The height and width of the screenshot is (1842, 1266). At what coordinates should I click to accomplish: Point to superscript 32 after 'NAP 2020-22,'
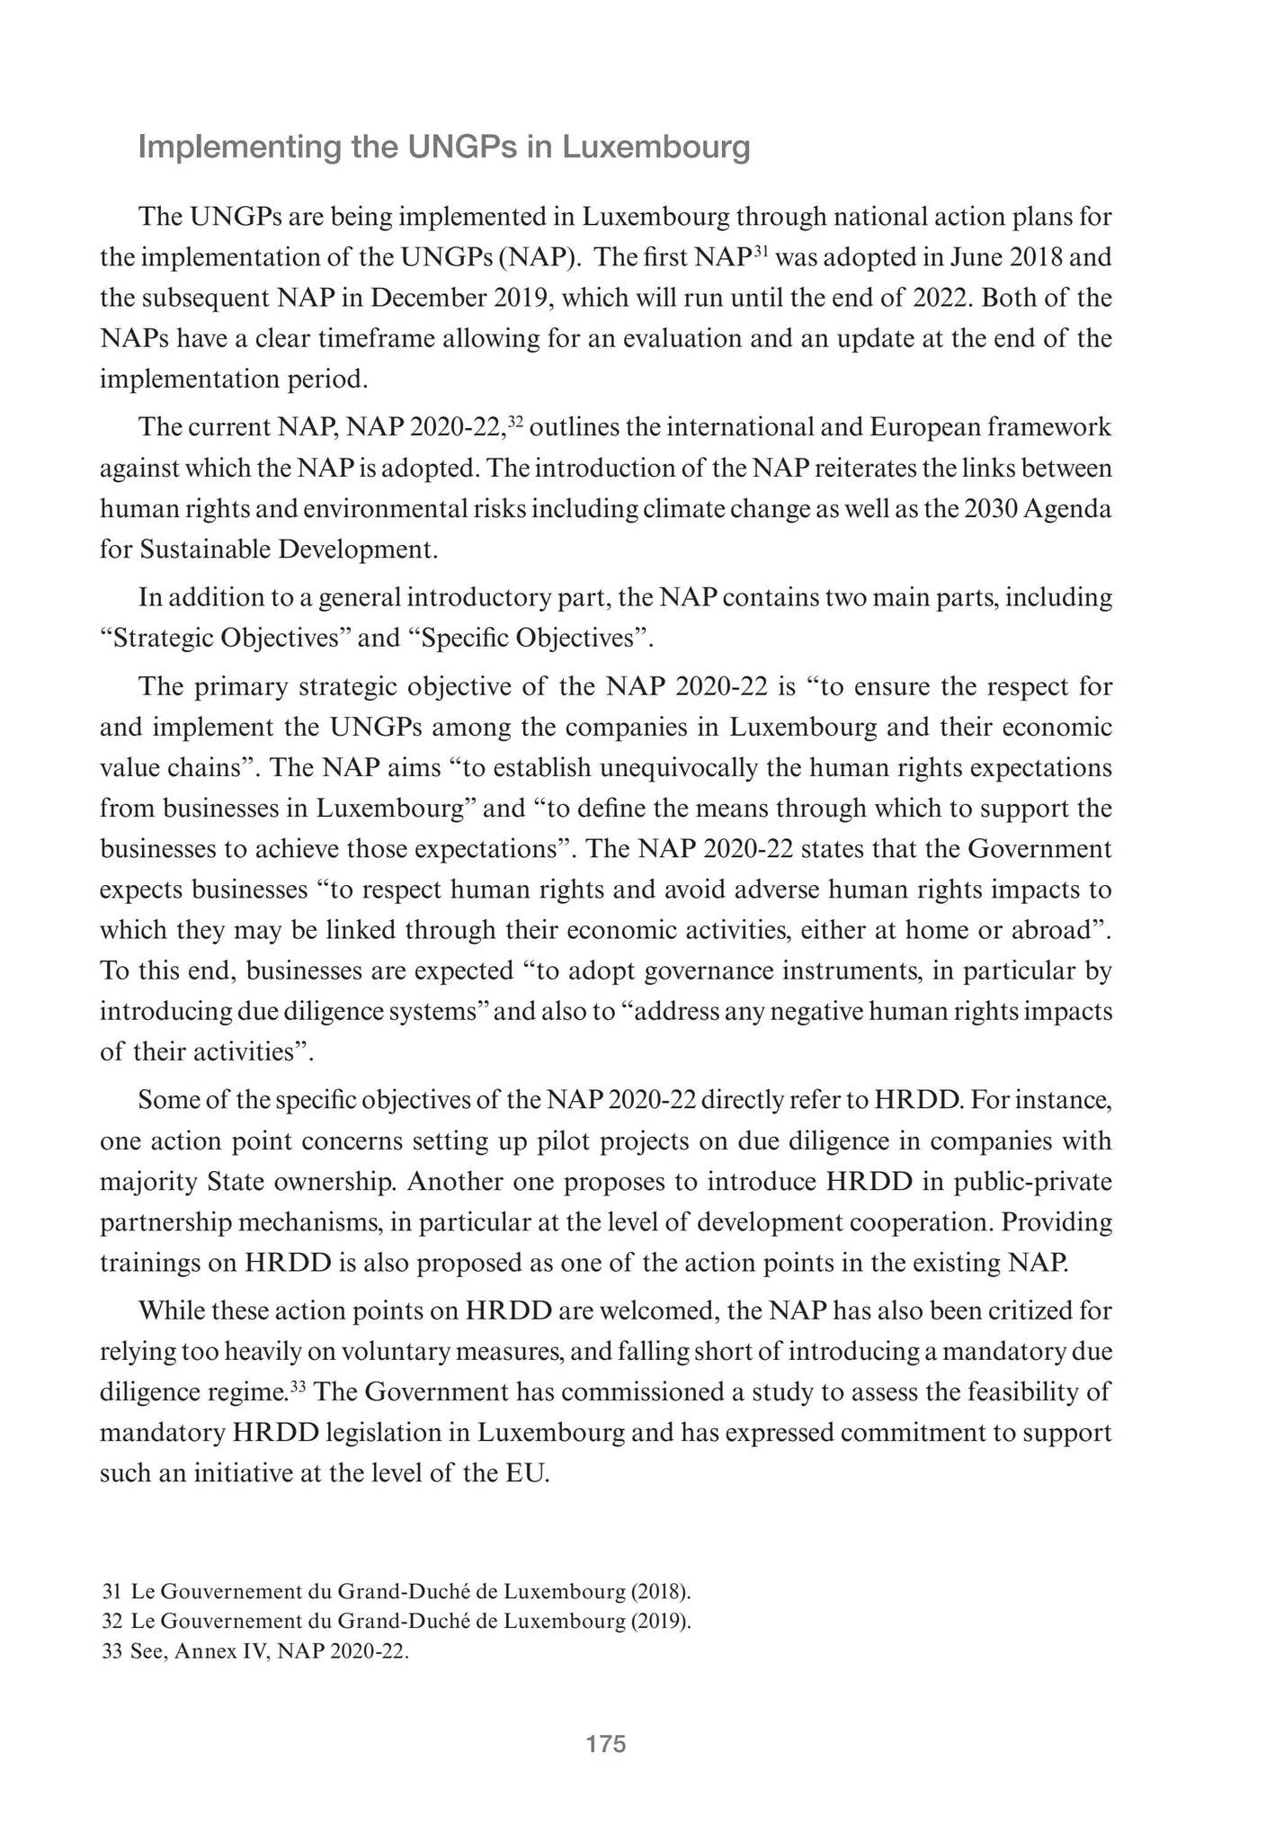pos(515,421)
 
